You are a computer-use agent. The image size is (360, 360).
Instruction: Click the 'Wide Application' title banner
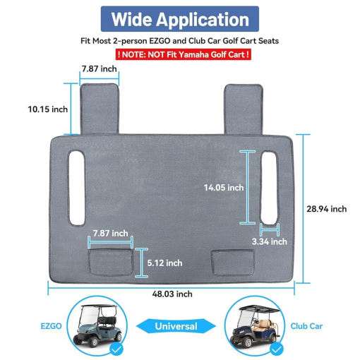point(180,19)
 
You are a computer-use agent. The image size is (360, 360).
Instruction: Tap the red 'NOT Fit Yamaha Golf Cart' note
point(184,54)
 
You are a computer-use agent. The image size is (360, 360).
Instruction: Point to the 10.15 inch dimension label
point(48,109)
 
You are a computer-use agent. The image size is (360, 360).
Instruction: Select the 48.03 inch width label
point(172,294)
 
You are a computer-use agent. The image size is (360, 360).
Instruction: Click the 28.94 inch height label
point(327,209)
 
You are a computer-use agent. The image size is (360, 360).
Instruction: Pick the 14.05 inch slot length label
point(224,188)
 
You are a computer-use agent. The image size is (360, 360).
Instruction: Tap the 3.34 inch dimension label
point(270,241)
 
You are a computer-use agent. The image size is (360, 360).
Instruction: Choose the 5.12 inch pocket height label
point(164,263)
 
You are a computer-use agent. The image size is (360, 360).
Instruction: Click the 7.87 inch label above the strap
point(100,68)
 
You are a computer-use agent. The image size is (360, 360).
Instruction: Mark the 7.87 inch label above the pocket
point(110,233)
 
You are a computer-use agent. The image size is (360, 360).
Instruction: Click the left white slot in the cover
point(77,188)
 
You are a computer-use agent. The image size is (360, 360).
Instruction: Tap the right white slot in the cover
point(269,188)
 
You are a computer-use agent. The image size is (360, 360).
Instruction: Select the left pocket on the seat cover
point(111,262)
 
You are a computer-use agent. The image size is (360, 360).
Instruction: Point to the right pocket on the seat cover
point(233,263)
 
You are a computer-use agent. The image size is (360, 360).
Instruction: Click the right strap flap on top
point(244,109)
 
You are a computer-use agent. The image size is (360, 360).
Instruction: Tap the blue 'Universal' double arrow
point(176,326)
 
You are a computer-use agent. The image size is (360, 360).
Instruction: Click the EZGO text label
point(51,326)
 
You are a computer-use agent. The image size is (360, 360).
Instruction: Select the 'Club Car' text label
point(306,326)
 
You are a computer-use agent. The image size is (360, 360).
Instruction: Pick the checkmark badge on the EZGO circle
point(116,349)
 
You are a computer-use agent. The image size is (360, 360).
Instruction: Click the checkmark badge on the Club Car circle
point(277,349)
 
